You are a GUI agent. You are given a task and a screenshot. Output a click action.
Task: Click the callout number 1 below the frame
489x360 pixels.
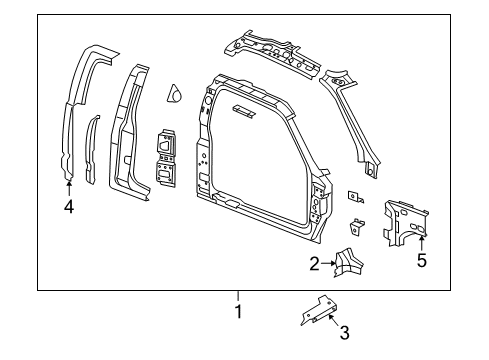[238, 310]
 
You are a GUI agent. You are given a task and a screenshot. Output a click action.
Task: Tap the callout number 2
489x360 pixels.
[314, 264]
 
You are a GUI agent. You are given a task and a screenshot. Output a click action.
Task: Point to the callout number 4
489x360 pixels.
[68, 208]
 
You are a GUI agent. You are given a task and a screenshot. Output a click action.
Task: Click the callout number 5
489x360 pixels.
[421, 262]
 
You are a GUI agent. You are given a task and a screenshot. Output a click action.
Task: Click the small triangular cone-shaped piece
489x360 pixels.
[173, 94]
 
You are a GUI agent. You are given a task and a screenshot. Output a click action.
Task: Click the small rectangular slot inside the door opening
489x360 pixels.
[242, 111]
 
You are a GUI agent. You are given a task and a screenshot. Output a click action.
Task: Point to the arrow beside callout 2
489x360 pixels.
[329, 264]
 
